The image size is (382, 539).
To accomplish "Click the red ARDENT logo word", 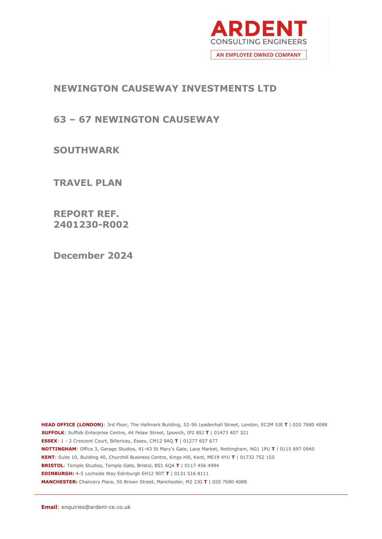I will point(258,29).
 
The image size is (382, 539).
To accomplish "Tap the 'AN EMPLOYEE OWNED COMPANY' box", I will point(258,55).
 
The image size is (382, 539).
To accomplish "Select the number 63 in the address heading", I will point(59,120).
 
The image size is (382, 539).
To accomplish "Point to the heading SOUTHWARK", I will point(86,150).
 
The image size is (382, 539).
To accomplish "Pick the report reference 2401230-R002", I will point(91,225).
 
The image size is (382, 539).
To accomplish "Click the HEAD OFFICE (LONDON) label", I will point(72,425).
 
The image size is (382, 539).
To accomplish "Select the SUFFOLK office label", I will point(53,433).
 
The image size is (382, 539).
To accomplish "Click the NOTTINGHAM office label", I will point(59,449).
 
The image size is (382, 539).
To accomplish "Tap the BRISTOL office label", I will point(52,466).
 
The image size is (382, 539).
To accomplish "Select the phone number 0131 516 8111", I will point(191,474).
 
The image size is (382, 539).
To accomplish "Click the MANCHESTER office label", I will point(59,482).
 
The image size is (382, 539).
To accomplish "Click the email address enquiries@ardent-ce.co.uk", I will point(96,507).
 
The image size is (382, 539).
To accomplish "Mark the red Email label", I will point(49,507).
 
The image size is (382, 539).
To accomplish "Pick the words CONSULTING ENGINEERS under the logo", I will point(258,42).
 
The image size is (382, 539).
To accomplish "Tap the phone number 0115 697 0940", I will point(297,449).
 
